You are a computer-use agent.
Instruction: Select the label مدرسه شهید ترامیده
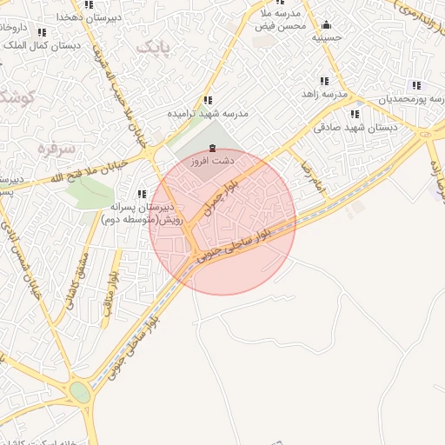tap(209, 114)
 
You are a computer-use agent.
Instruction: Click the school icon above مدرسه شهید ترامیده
tap(207, 101)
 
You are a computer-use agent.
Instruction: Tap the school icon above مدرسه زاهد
tap(324, 81)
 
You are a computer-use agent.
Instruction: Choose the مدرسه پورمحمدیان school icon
tap(416, 85)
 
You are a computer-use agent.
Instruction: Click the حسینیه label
tap(327, 37)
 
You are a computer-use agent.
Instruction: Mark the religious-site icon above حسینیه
tap(326, 24)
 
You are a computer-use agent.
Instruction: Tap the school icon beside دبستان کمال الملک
tap(42, 32)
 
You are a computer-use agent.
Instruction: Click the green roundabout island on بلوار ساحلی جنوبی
tap(80, 393)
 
